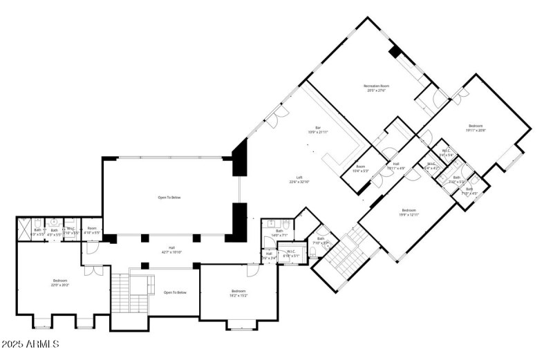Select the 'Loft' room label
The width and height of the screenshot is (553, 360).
299,180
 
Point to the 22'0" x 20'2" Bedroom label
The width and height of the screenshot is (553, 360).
59,283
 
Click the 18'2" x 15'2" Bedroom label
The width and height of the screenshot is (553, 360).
238,294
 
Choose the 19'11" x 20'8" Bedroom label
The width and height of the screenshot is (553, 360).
476,127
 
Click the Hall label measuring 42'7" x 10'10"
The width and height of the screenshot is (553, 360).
171,250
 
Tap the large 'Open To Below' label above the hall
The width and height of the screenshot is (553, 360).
169,198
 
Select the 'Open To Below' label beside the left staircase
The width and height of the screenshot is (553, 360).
175,292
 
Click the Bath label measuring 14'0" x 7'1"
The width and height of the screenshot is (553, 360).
279,233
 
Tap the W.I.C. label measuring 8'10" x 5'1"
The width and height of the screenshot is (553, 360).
291,254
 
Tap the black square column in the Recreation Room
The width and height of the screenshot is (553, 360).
395,52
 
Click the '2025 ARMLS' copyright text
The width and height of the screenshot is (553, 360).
29,344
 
